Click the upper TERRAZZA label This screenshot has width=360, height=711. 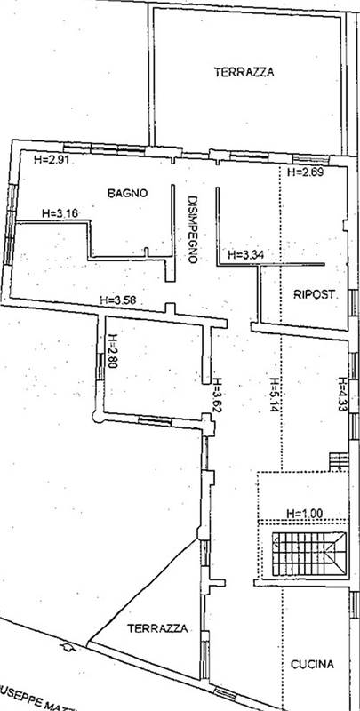244,74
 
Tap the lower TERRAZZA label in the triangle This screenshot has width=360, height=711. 157,627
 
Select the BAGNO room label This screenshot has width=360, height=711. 128,192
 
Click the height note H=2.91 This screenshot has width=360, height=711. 52,160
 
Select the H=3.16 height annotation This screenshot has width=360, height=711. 61,212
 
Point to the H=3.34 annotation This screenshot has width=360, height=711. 246,254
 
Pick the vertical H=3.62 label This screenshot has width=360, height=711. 217,397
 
